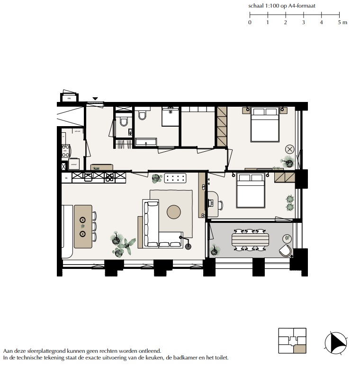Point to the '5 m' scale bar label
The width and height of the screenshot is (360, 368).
pyautogui.click(x=342, y=22)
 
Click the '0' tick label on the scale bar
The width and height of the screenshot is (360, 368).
pyautogui.click(x=250, y=22)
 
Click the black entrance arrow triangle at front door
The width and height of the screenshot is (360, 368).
pyautogui.click(x=95, y=99)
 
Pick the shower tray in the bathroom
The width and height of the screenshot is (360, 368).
pyautogui.click(x=171, y=117)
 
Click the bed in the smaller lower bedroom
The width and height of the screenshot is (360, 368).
pyautogui.click(x=251, y=190)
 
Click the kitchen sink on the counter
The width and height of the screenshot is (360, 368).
pyautogui.click(x=88, y=177)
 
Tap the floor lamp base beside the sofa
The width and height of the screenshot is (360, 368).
pyautogui.click(x=188, y=245)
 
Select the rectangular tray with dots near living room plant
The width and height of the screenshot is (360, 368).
pyautogui.click(x=176, y=178)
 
